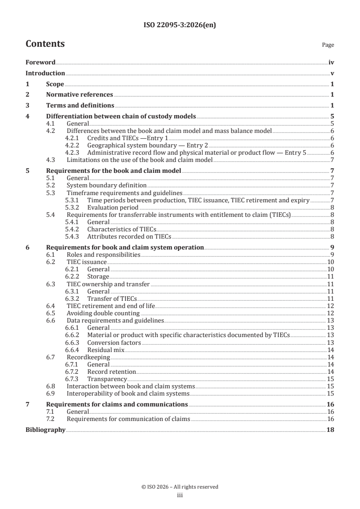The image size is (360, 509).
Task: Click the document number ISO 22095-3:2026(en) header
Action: point(180,25)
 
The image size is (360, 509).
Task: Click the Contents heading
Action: point(45,44)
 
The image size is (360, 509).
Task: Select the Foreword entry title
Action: point(40,63)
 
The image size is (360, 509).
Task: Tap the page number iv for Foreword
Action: point(331,63)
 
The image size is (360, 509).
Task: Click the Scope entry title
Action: point(55,84)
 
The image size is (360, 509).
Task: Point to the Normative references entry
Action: point(79,95)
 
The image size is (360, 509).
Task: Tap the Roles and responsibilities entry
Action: point(104,254)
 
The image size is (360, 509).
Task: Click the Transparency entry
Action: point(107,379)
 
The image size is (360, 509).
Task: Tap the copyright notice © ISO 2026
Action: point(180,487)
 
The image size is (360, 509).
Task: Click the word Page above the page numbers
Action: point(328,45)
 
